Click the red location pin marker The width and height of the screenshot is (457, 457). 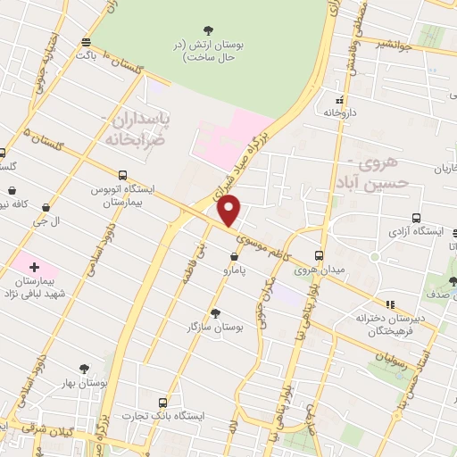(x=230, y=212)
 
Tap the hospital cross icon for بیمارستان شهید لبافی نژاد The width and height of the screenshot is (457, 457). (x=34, y=267)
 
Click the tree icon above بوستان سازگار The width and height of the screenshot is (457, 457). (x=215, y=312)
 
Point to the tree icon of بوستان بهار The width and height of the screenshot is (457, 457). (x=85, y=368)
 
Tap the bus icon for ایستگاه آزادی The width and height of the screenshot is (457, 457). (x=417, y=218)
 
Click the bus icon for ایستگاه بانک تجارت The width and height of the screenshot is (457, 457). (x=162, y=403)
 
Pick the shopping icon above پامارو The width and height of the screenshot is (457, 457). (x=234, y=256)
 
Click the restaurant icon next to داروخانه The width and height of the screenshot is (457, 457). (x=339, y=100)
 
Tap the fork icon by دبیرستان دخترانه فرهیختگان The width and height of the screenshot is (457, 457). (x=389, y=304)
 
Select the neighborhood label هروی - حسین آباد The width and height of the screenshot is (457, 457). (x=378, y=173)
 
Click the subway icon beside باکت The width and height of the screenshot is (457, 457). (x=86, y=41)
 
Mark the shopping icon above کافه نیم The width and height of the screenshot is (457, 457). (x=13, y=190)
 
